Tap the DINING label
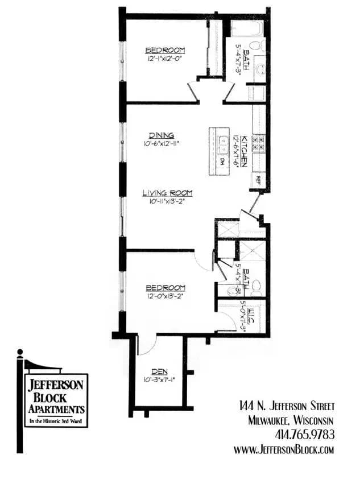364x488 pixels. click(x=162, y=135)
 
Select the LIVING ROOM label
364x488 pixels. click(x=167, y=193)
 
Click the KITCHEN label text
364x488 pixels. click(x=245, y=151)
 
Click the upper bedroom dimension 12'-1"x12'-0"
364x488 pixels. click(x=165, y=58)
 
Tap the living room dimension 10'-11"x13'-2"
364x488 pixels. click(x=164, y=201)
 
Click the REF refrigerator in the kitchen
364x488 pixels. click(x=258, y=180)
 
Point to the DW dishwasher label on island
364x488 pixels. click(x=222, y=162)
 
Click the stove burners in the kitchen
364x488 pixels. click(x=259, y=142)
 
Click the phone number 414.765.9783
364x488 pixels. click(x=304, y=435)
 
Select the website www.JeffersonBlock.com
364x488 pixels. click(x=284, y=449)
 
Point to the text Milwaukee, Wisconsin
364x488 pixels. click(x=291, y=420)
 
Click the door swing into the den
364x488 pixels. click(x=146, y=344)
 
